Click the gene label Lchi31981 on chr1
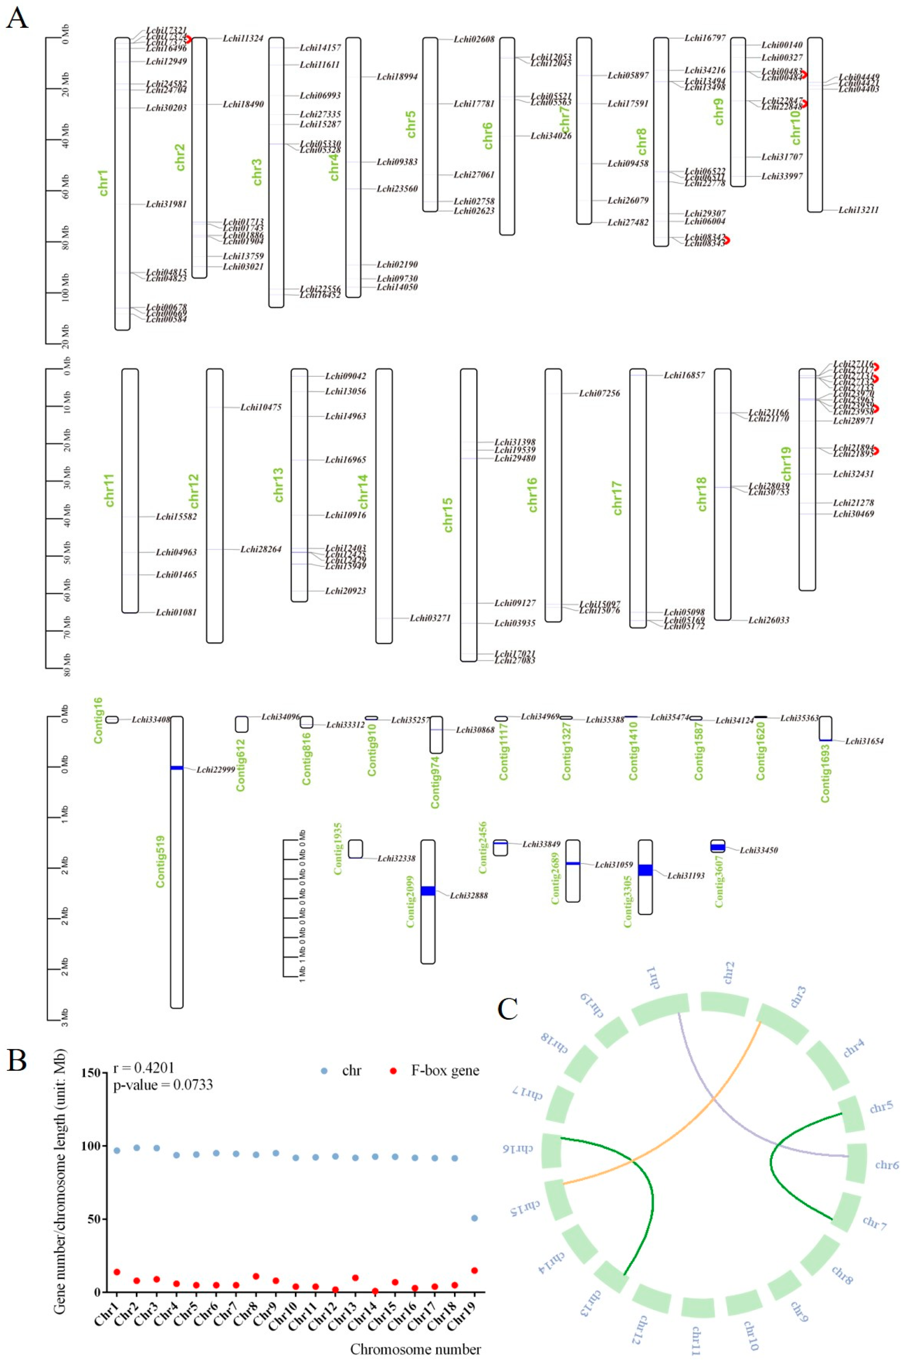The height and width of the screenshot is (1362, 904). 166,204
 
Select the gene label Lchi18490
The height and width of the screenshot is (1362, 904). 243,104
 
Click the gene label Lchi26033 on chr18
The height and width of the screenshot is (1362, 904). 769,620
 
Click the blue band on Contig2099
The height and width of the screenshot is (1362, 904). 428,891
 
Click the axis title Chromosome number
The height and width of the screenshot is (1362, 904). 415,1349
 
